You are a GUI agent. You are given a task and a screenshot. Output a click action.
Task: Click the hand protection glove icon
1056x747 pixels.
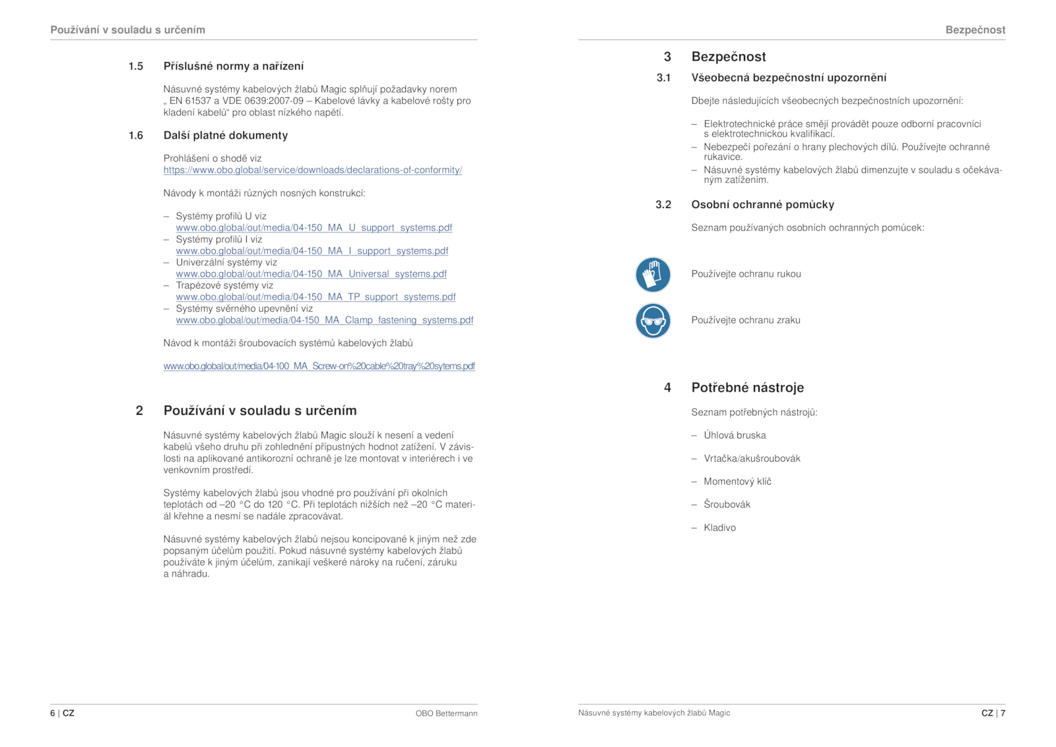(x=653, y=275)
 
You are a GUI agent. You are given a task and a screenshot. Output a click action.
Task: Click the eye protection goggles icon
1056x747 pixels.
(x=653, y=321)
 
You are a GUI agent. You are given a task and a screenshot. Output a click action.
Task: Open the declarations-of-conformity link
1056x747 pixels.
(x=312, y=170)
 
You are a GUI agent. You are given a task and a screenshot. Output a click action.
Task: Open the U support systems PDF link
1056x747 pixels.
(x=313, y=228)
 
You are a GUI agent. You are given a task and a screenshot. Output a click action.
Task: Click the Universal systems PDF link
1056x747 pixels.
(x=311, y=274)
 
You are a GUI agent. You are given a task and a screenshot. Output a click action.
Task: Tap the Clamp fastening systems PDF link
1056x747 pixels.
(x=324, y=320)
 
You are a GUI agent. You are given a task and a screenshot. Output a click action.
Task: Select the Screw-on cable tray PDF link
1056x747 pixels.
(x=319, y=367)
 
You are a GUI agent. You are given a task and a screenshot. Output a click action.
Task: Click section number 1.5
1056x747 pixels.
(x=136, y=66)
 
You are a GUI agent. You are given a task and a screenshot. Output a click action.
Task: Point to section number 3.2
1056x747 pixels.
(x=663, y=205)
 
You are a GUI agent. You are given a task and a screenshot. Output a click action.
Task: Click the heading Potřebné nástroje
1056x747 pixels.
(x=747, y=388)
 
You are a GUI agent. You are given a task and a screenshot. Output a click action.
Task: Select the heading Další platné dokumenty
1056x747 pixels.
(x=226, y=135)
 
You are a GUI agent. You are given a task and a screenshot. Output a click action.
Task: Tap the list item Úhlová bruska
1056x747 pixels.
(x=735, y=435)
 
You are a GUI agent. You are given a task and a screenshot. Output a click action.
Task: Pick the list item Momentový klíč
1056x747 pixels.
(x=737, y=481)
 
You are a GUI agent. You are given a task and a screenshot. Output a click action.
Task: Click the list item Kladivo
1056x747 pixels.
(x=719, y=528)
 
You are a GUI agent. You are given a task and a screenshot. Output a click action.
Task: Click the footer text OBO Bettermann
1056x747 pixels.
(x=446, y=713)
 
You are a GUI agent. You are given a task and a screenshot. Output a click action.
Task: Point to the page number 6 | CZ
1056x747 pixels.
(x=62, y=713)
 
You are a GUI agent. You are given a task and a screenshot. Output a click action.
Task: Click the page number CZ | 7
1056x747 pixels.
(x=993, y=713)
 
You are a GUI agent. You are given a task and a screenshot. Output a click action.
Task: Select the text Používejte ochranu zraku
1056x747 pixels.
(x=745, y=320)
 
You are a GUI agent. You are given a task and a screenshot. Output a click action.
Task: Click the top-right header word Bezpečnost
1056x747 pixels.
(x=975, y=30)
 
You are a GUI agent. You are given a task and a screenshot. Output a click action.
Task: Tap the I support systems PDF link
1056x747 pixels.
(x=312, y=251)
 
